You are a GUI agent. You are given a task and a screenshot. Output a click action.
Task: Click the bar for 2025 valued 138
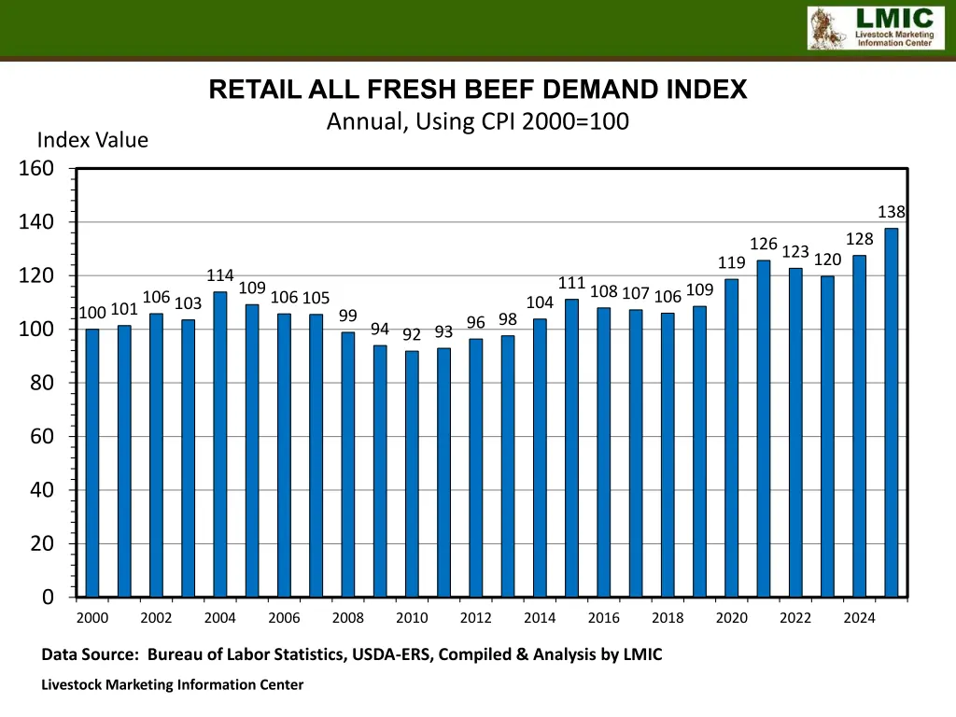pos(892,412)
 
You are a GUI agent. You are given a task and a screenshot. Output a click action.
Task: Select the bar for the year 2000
pos(92,462)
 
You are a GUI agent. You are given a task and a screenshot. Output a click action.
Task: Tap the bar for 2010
pos(412,473)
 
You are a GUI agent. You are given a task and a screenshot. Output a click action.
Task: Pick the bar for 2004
pos(220,443)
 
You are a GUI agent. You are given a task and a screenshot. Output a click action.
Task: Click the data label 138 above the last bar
pos(892,212)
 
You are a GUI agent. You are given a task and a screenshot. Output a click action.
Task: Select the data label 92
pos(412,334)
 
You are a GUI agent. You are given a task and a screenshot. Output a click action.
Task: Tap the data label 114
pos(220,275)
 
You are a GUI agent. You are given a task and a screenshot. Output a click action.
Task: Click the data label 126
pos(764,244)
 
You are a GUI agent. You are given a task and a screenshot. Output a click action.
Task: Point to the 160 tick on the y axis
pos(36,168)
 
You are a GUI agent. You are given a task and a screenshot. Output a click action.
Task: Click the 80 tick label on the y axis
pos(43,383)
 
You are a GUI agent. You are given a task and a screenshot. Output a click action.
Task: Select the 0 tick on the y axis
pos(48,597)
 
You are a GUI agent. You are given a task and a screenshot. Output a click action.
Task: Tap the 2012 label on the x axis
pos(476,617)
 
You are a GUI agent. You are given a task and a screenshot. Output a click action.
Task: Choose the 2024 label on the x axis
pos(860,617)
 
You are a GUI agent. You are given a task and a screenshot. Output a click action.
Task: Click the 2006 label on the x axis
pos(284,617)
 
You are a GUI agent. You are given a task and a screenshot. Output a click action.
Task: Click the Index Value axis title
pos(92,140)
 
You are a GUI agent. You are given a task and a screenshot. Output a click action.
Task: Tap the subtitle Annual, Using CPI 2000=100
pos(477,121)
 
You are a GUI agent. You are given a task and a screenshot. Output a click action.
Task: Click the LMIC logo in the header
pos(869,27)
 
